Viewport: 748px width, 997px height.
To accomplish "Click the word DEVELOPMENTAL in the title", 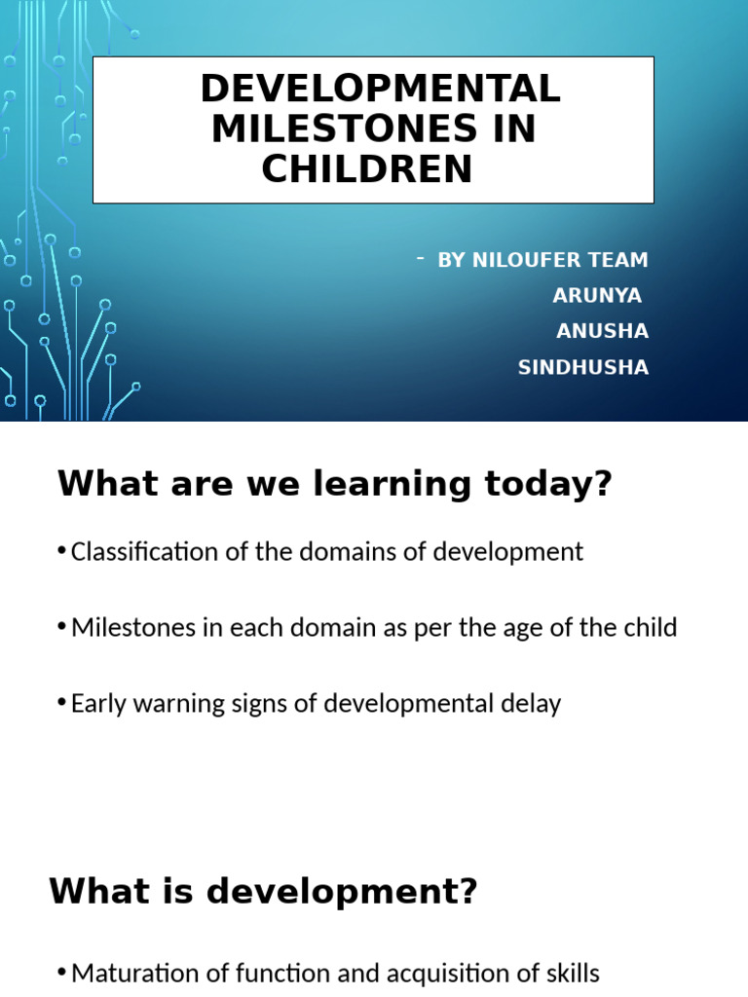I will pyautogui.click(x=380, y=90).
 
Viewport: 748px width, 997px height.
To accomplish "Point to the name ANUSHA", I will pyautogui.click(x=602, y=332).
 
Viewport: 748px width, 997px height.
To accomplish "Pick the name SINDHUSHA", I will pyautogui.click(x=583, y=368).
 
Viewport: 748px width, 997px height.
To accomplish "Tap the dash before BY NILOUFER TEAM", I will pyautogui.click(x=420, y=258).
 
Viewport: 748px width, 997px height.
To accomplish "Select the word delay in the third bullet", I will pyautogui.click(x=534, y=703).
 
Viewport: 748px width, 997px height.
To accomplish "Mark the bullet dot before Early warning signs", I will pyautogui.click(x=63, y=703).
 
